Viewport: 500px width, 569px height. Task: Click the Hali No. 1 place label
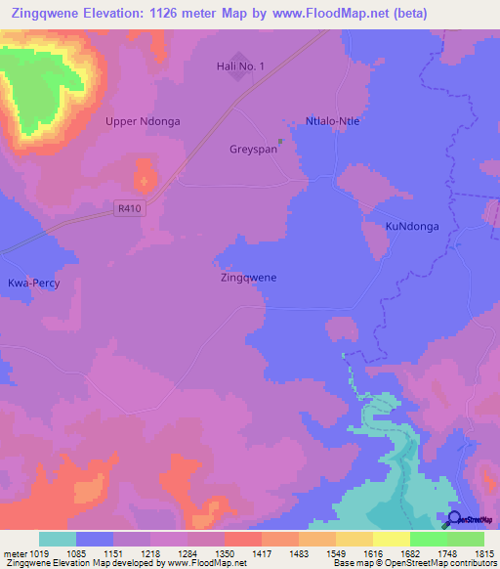(x=239, y=66)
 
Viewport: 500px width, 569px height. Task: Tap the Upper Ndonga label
(x=143, y=121)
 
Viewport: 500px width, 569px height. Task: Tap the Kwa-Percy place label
(x=34, y=283)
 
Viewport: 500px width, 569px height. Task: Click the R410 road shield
(x=127, y=207)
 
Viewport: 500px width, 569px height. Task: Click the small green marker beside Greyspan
(x=280, y=142)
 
